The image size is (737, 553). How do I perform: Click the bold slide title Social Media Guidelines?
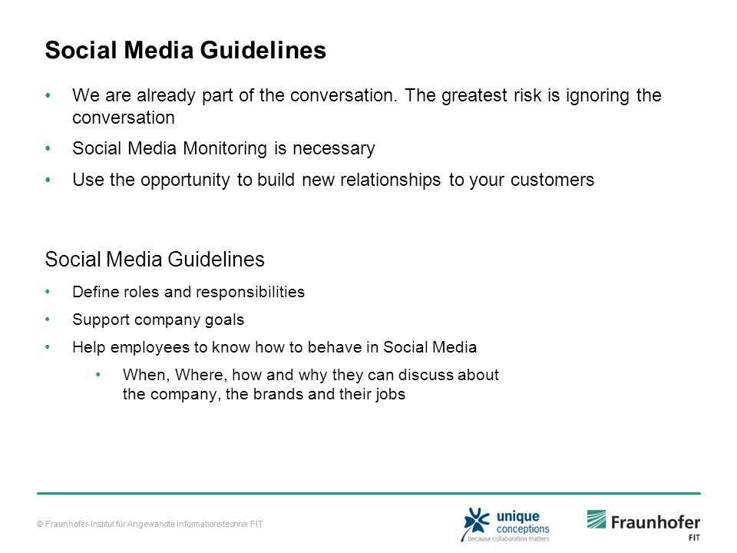185,51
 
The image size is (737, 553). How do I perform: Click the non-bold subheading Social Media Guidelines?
154,259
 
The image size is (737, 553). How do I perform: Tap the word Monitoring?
225,149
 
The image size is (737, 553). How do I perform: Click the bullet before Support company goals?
48,320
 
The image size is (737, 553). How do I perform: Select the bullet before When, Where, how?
98,375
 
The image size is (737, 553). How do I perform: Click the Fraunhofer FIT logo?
643,525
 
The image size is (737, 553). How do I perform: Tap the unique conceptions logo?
505,525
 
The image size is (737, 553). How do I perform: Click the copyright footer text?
150,524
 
